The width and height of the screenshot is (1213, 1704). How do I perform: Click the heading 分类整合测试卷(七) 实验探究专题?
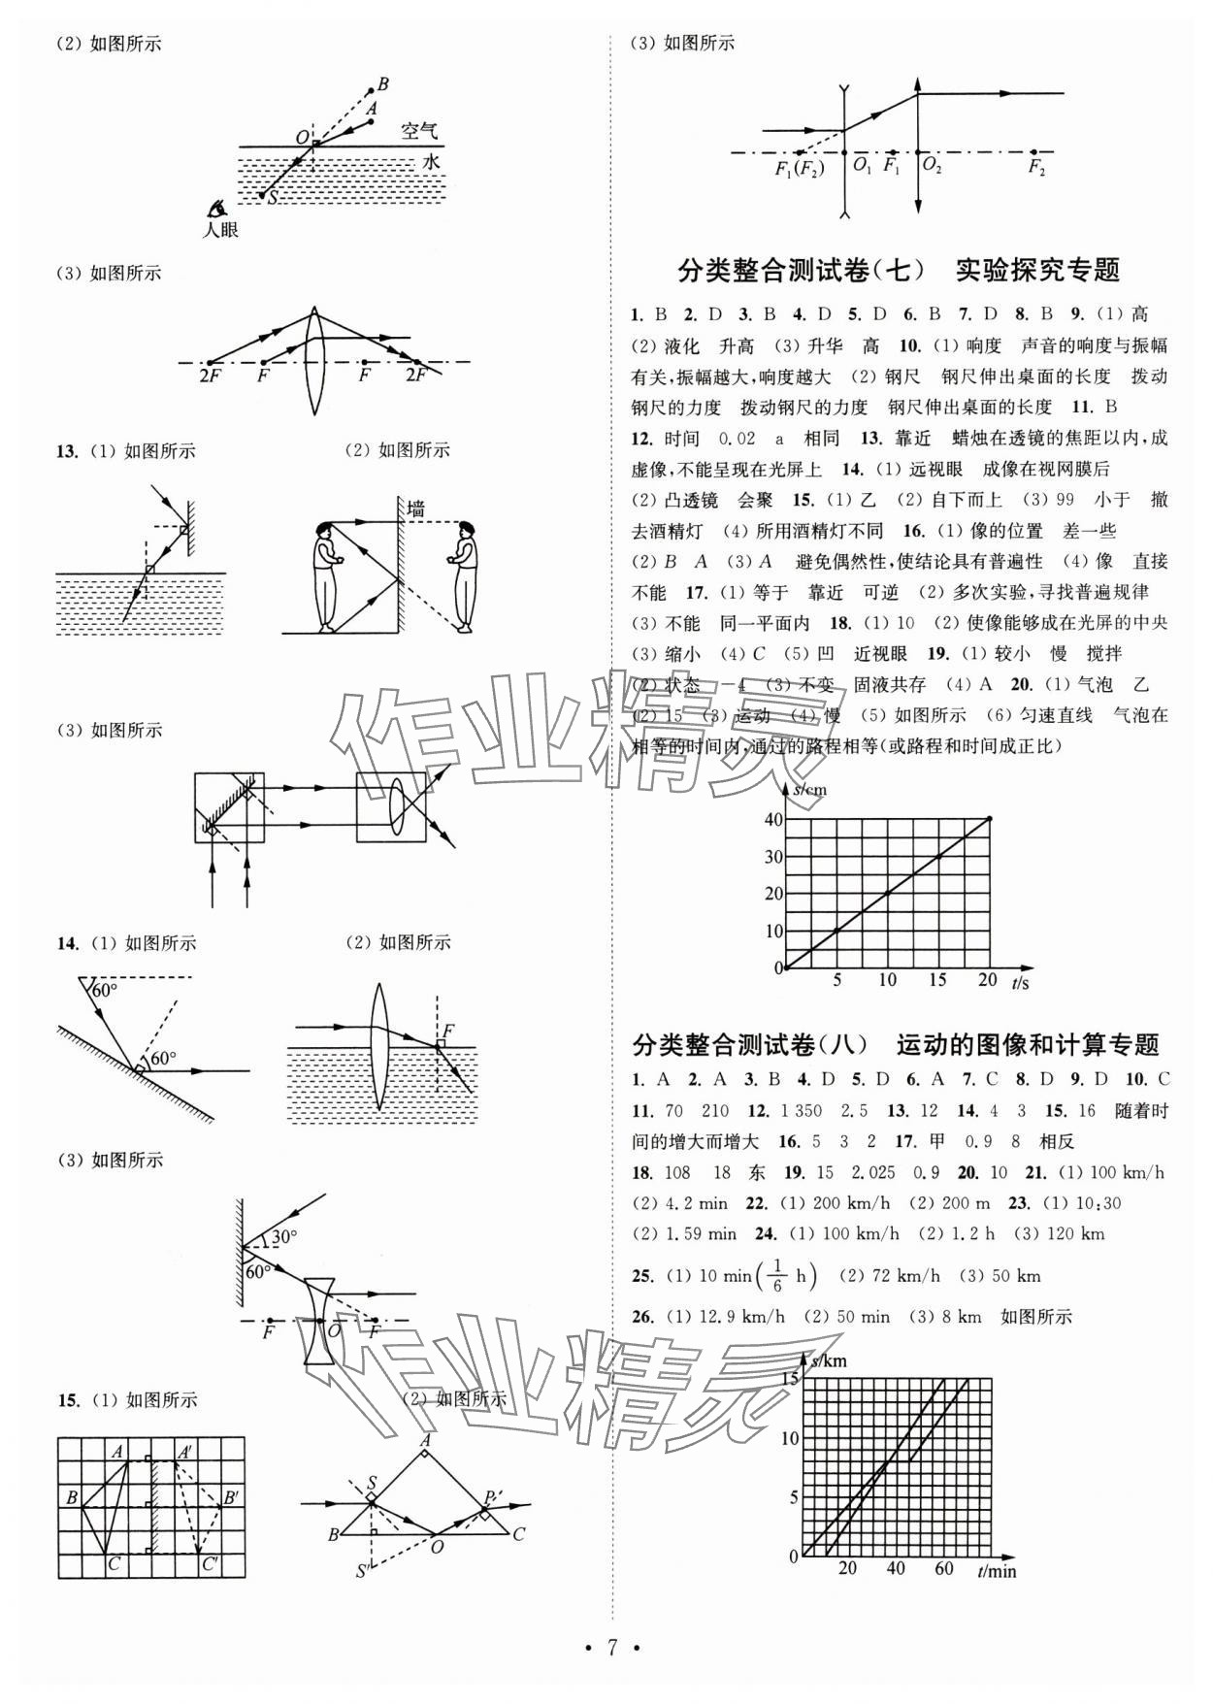pyautogui.click(x=899, y=270)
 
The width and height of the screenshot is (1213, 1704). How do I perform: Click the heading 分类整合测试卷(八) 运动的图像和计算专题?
pyautogui.click(x=896, y=1045)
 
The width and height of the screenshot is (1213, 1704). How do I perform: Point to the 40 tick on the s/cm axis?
pyautogui.click(x=772, y=819)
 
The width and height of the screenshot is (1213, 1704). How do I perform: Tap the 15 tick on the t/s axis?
pyautogui.click(x=937, y=980)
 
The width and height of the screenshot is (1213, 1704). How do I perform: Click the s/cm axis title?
pyautogui.click(x=809, y=790)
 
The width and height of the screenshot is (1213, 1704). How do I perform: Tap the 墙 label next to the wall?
pyautogui.click(x=416, y=508)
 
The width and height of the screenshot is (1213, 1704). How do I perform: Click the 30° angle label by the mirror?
pyautogui.click(x=283, y=1237)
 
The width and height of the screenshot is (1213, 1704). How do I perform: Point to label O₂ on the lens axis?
pyautogui.click(x=932, y=167)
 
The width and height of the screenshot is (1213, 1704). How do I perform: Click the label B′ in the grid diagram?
pyautogui.click(x=231, y=1498)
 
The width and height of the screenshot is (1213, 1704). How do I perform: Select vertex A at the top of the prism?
pyautogui.click(x=425, y=1442)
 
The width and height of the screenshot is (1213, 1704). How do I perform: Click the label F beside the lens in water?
pyautogui.click(x=447, y=1031)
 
